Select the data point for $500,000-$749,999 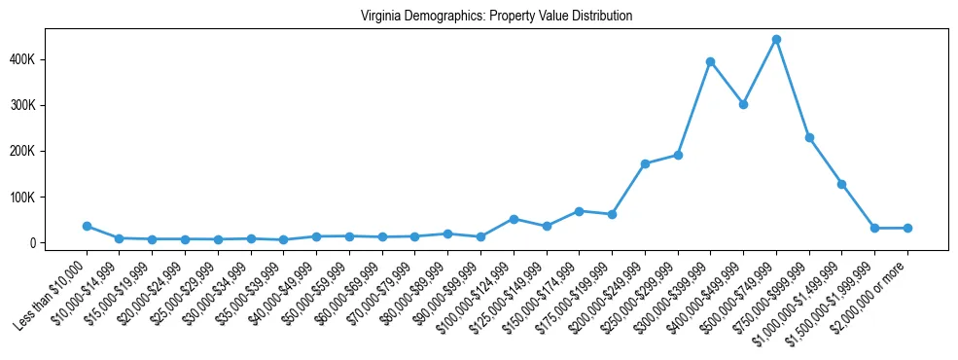776,40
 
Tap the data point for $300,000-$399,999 711,61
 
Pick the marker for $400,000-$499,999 743,104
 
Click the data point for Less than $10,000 87,226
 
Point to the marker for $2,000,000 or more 907,228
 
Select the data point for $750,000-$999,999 809,138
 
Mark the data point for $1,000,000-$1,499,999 842,184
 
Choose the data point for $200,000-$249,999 645,163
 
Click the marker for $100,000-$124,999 514,219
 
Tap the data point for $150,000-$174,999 579,211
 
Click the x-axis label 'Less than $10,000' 53,292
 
